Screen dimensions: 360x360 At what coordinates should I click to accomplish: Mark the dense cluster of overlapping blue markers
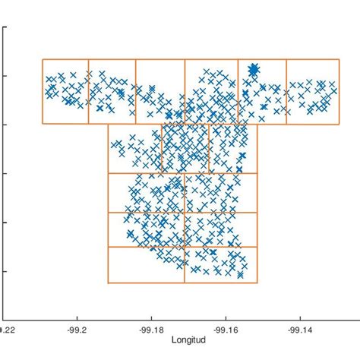click(254, 70)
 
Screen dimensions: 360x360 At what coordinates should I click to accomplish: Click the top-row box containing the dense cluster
click(262, 91)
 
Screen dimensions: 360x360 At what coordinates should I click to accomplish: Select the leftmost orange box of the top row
click(65, 91)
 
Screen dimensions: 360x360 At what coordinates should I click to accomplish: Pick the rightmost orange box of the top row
click(312, 91)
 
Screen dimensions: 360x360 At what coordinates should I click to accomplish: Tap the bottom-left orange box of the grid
click(146, 264)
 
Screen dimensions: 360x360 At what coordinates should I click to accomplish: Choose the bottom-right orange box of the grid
click(220, 264)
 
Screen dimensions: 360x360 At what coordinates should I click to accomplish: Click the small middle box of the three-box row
click(185, 149)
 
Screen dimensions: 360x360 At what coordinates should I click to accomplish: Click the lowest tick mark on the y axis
click(5, 271)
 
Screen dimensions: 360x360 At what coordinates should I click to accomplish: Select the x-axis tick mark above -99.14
click(300, 317)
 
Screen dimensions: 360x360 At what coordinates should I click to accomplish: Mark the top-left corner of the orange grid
click(42, 59)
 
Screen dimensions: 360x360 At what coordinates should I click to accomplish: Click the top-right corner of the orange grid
click(339, 59)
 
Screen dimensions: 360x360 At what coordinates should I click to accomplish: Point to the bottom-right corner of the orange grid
click(257, 283)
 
